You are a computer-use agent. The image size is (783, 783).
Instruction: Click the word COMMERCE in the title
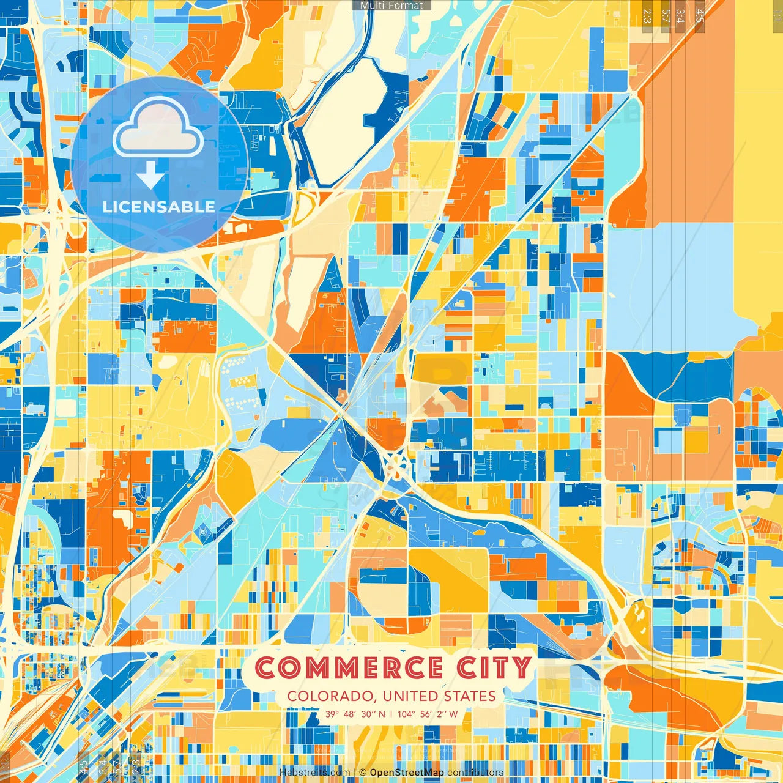pos(349,667)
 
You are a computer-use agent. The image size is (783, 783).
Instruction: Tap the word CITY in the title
pos(494,667)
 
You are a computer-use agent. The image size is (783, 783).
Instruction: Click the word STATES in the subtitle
pos(470,696)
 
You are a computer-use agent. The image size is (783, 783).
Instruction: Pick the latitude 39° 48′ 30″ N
pos(355,714)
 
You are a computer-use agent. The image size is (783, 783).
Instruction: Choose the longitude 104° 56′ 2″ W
pos(427,714)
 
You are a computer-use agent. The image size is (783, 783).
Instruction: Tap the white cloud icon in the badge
pos(158,128)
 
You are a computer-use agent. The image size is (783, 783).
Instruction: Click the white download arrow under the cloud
pos(150,176)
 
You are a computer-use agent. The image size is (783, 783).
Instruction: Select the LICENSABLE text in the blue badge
pos(158,207)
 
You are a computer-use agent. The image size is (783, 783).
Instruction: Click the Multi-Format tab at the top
pos(391,6)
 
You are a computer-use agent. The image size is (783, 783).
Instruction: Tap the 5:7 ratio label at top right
pos(666,16)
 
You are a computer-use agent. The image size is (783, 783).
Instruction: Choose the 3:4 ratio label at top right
pos(680,16)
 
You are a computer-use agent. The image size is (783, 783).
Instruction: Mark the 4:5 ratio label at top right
pos(700,16)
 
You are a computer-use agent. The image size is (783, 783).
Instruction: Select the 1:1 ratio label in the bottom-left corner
pos(6,766)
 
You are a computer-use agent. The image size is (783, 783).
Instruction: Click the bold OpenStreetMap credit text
pos(407,773)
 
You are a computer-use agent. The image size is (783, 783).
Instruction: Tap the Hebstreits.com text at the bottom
pos(314,773)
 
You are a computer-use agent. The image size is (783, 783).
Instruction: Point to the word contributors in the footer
pos(475,773)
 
